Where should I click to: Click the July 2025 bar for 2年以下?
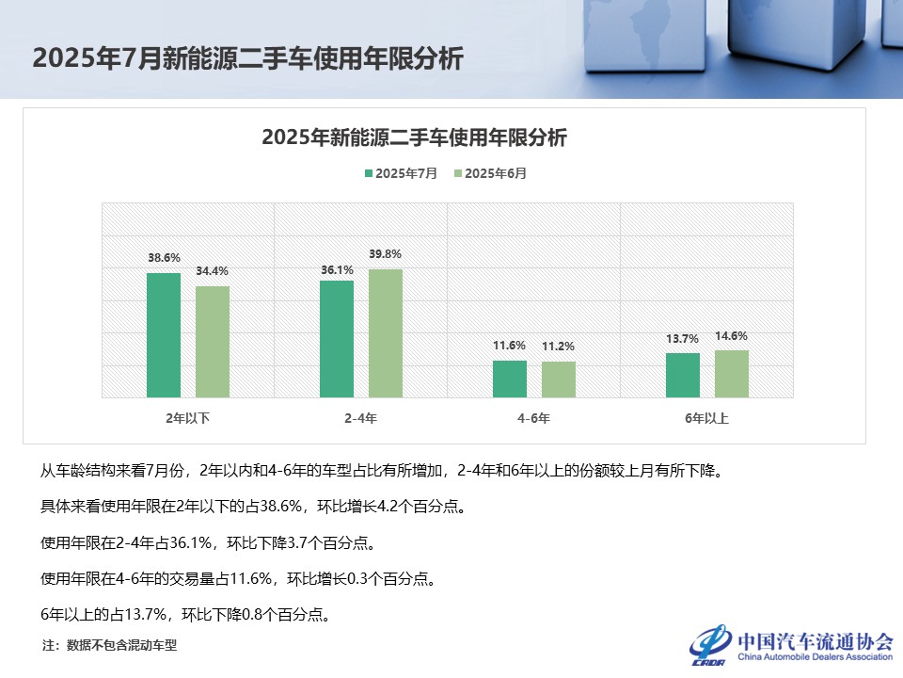click(x=164, y=335)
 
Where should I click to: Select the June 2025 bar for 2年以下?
click(x=213, y=342)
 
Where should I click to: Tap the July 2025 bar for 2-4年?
click(x=337, y=339)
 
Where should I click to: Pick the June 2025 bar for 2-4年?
click(x=386, y=333)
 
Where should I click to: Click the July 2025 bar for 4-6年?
click(x=510, y=379)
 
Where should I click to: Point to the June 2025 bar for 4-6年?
click(x=559, y=379)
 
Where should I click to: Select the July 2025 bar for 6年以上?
click(x=683, y=375)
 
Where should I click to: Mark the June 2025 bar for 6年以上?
click(x=732, y=374)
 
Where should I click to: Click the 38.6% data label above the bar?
click(x=164, y=257)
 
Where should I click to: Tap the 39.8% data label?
click(x=386, y=253)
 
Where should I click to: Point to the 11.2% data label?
click(x=559, y=346)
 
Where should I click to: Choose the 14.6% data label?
click(x=732, y=335)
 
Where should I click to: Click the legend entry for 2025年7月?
click(x=401, y=173)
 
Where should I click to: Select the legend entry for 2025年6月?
click(x=490, y=173)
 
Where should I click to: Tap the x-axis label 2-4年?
click(x=361, y=418)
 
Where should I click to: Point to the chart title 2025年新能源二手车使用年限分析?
click(x=415, y=137)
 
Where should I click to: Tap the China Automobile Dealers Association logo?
click(x=790, y=646)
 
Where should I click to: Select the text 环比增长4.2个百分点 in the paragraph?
click(x=389, y=507)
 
